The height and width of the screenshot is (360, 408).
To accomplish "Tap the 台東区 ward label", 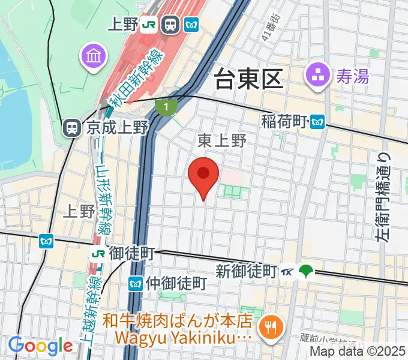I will coord(248,79).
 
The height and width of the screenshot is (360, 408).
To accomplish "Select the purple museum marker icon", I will coord(94,57).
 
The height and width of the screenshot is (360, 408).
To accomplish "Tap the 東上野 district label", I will coord(222,141).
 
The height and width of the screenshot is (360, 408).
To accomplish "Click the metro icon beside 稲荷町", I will coord(317,122).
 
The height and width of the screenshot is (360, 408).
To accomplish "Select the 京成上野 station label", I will coord(117,127).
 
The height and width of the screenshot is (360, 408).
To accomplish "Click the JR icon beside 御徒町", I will coord(97,254).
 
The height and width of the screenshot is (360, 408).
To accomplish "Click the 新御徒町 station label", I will coord(246,271).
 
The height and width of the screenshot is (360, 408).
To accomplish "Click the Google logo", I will coord(40,345).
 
